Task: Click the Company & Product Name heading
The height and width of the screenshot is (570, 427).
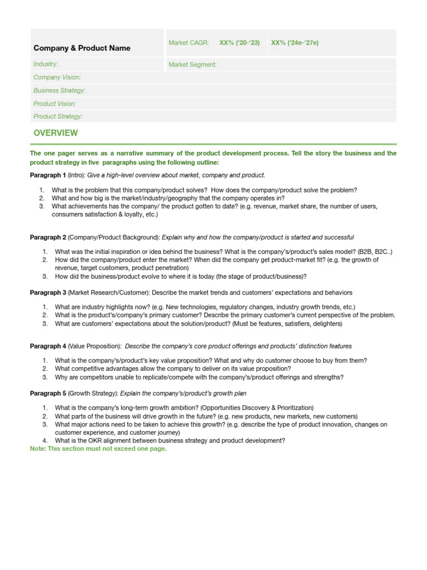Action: point(82,48)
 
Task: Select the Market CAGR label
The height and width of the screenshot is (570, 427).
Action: point(188,43)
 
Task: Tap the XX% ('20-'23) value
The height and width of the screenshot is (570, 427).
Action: point(239,43)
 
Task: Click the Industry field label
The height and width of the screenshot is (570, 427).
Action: point(46,65)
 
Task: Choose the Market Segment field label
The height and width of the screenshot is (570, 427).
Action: point(192,65)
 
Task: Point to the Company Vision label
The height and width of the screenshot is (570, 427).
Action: point(57,77)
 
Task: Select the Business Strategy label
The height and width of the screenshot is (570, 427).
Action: point(59,90)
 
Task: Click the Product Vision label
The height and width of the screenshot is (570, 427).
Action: point(54,104)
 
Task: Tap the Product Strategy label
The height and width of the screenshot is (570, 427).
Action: point(58,116)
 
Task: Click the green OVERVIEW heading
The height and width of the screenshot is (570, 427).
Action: point(56,133)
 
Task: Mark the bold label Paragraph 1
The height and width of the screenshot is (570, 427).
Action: point(48,175)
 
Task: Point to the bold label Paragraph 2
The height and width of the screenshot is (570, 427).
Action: point(48,237)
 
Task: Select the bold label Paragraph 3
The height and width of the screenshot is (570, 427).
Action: point(48,292)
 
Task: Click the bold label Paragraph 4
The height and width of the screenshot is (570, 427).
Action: point(48,346)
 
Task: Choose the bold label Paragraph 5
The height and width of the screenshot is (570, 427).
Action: point(48,394)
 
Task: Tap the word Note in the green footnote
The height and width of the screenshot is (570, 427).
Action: point(38,449)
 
